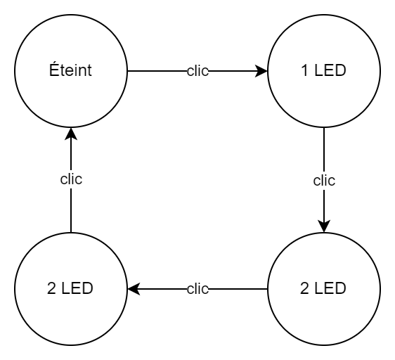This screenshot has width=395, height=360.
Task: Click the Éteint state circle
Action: (70, 71)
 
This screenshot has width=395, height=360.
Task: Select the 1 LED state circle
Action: (323, 71)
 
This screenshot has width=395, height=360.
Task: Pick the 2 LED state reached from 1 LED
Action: (323, 288)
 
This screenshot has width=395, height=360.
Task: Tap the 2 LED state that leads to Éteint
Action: (70, 288)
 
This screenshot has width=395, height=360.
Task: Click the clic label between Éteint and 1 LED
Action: (197, 72)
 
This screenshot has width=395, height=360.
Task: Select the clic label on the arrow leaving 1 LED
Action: (323, 180)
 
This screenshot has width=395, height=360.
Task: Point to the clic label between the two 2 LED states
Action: (197, 289)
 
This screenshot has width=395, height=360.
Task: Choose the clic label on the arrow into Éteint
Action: (70, 179)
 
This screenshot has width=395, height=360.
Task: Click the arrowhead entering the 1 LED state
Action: (262, 71)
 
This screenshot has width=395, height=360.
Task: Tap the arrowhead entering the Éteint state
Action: (70, 133)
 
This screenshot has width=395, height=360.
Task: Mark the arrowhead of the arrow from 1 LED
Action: (323, 226)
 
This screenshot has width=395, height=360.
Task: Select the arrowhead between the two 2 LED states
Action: (132, 288)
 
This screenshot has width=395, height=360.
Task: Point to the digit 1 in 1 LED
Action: (304, 72)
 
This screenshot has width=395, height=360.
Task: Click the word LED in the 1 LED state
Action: (330, 72)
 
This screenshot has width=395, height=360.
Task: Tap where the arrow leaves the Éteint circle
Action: (127, 71)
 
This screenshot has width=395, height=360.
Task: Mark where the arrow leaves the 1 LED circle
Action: (323, 128)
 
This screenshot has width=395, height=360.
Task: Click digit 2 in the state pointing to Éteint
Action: (51, 289)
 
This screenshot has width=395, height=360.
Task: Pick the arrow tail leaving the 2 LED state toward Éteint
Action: (70, 231)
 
